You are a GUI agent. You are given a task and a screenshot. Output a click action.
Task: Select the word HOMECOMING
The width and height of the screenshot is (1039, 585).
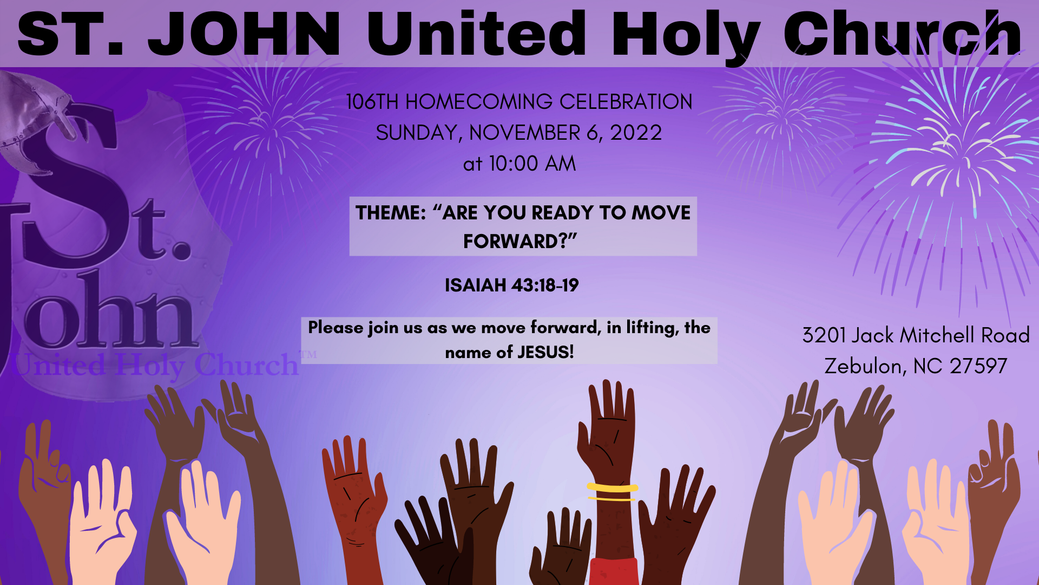tap(479, 102)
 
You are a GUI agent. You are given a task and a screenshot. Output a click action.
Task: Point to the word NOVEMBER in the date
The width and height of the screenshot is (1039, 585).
tap(525, 133)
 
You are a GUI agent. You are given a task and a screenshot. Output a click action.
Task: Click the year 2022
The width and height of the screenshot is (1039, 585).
tap(636, 133)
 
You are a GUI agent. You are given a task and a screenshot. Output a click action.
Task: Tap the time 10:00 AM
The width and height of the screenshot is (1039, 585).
tap(532, 164)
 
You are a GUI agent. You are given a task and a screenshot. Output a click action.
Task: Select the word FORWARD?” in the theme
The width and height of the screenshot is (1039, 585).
tap(520, 241)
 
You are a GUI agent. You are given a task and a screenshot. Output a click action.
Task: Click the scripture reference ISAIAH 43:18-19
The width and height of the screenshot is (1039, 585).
tap(511, 285)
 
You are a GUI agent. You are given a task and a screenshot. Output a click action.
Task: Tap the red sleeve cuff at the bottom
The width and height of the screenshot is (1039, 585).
tap(614, 571)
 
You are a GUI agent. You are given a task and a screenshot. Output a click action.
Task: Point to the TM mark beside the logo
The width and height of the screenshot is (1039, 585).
tap(308, 355)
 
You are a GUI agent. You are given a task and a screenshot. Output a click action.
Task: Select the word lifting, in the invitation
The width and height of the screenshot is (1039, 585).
tap(652, 328)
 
